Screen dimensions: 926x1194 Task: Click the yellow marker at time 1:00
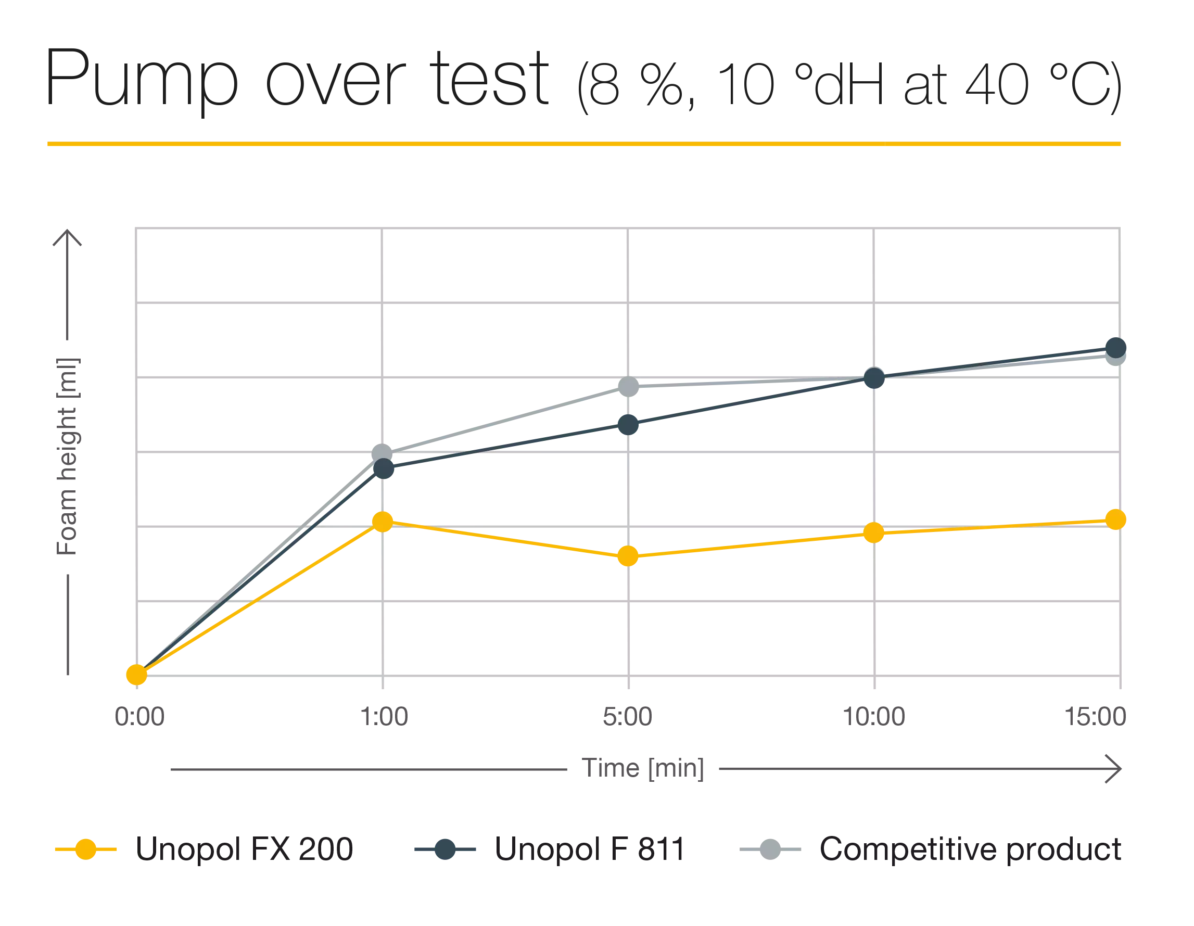(x=383, y=522)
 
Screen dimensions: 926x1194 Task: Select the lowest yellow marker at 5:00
(x=628, y=556)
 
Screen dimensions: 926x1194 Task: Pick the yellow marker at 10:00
(x=873, y=532)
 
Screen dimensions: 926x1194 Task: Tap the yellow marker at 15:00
(x=1115, y=519)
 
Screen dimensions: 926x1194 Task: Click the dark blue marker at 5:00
(x=628, y=424)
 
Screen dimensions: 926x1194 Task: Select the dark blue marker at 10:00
(x=873, y=378)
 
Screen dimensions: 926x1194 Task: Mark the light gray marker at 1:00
(x=383, y=451)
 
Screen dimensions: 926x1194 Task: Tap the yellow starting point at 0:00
(x=137, y=675)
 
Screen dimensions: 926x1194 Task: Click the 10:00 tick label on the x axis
(x=875, y=718)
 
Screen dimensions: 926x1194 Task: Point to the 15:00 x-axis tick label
(x=1106, y=718)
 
